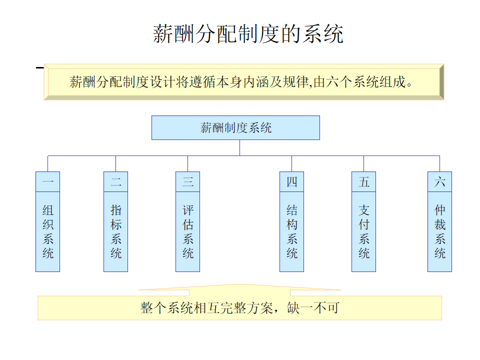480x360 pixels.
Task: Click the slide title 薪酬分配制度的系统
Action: (x=247, y=34)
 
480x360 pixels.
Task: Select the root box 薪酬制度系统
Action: (x=235, y=127)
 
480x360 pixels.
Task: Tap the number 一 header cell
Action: (x=47, y=182)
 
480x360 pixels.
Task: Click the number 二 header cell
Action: (x=115, y=182)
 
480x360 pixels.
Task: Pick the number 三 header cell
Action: (x=187, y=182)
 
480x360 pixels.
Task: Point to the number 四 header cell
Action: (x=291, y=182)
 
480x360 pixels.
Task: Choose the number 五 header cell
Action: (x=363, y=182)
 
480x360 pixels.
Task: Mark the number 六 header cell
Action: (x=439, y=182)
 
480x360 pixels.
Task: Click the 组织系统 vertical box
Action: (x=47, y=231)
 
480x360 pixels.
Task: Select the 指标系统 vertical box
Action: (x=115, y=231)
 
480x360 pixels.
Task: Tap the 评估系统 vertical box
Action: (x=187, y=231)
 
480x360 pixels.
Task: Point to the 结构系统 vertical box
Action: (x=291, y=231)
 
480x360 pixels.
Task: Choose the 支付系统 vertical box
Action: (x=363, y=231)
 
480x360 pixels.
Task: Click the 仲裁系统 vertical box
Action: (x=439, y=231)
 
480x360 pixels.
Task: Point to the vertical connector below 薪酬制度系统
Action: (x=239, y=147)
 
